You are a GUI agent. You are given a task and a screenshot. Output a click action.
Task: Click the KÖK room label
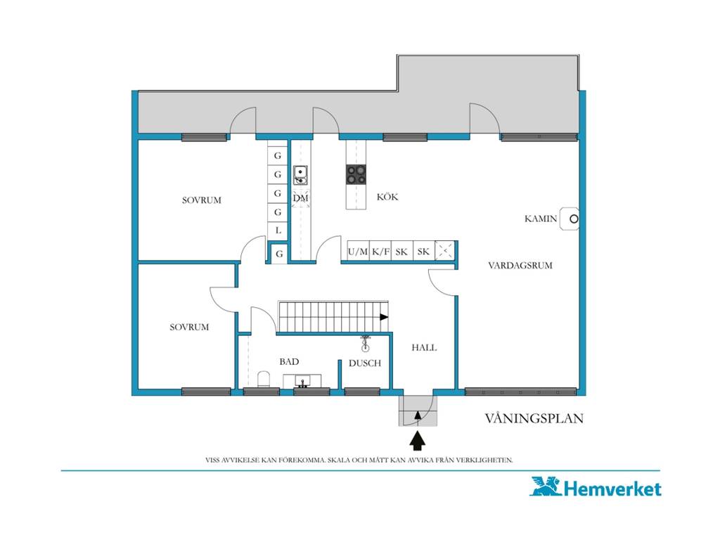click(x=387, y=197)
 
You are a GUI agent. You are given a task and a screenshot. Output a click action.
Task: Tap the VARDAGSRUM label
click(x=520, y=265)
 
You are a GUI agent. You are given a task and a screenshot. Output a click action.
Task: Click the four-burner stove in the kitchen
click(x=356, y=174)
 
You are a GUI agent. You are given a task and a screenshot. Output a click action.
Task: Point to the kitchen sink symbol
click(x=300, y=175)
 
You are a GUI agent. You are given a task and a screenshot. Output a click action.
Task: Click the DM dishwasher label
click(x=300, y=198)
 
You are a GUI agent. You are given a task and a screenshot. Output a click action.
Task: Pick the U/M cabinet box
click(x=358, y=251)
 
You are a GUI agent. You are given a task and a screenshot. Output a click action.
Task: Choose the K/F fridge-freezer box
click(x=380, y=251)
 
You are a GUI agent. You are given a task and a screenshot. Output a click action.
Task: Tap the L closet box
click(x=278, y=231)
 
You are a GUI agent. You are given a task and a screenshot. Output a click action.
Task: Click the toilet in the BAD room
click(x=264, y=379)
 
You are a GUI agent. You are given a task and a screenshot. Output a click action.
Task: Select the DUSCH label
click(x=365, y=363)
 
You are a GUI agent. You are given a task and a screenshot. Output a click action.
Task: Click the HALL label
click(x=424, y=347)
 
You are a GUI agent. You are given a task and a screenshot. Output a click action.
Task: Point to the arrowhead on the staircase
click(x=384, y=317)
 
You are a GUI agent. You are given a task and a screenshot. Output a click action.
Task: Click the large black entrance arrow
click(x=418, y=441)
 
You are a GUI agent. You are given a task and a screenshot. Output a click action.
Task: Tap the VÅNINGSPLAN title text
click(x=534, y=419)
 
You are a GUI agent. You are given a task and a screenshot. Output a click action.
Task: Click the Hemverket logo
click(x=596, y=487)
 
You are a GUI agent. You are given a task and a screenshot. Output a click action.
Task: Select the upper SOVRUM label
click(x=202, y=200)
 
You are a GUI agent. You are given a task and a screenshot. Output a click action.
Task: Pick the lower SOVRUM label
click(x=189, y=328)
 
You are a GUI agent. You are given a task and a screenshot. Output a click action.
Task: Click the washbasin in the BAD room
click(x=302, y=381)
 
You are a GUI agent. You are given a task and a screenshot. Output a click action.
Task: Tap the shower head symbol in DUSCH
click(x=365, y=343)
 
